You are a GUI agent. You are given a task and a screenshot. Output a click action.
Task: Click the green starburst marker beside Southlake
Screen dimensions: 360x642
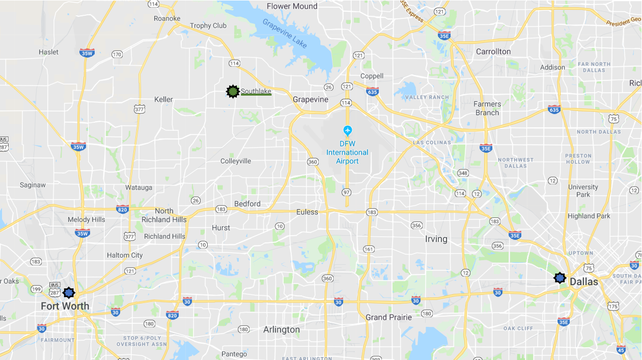pyautogui.click(x=233, y=92)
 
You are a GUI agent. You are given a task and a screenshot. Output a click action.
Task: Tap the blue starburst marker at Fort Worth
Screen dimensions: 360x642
pyautogui.click(x=69, y=292)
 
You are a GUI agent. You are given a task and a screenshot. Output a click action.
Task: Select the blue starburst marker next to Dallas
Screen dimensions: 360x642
pyautogui.click(x=560, y=278)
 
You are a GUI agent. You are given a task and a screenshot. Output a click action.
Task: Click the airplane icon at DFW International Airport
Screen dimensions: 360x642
pyautogui.click(x=348, y=130)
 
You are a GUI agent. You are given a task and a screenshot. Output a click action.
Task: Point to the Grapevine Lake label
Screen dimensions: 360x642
pyautogui.click(x=285, y=33)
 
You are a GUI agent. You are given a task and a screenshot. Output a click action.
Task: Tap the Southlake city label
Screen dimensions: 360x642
pyautogui.click(x=256, y=91)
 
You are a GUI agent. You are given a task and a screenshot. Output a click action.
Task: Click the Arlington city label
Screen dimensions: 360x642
pyautogui.click(x=281, y=329)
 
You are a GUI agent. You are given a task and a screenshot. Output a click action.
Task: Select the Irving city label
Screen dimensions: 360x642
pyautogui.click(x=436, y=239)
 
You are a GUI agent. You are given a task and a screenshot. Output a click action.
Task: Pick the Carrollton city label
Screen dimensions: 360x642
pyautogui.click(x=493, y=52)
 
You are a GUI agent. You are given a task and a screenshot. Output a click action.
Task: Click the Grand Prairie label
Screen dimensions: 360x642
pyautogui.click(x=389, y=317)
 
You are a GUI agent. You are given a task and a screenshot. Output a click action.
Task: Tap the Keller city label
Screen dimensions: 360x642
pyautogui.click(x=164, y=99)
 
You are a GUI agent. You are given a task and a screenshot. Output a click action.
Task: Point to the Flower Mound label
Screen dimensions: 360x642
pyautogui.click(x=292, y=6)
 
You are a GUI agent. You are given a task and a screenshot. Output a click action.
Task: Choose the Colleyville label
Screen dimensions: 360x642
pyautogui.click(x=236, y=161)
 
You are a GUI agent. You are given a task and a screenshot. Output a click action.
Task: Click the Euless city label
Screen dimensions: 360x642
pyautogui.click(x=307, y=212)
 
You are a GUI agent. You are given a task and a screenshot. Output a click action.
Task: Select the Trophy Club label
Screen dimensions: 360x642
pyautogui.click(x=208, y=26)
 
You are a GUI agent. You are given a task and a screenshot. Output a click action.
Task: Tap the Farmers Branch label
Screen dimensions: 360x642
pyautogui.click(x=487, y=108)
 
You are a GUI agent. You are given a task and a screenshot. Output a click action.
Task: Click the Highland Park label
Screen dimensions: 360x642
pyautogui.click(x=589, y=216)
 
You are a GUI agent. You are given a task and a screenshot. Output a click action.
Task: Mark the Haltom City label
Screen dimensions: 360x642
pyautogui.click(x=125, y=255)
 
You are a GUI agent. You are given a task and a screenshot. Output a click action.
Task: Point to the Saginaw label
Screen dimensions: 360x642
pyautogui.click(x=33, y=185)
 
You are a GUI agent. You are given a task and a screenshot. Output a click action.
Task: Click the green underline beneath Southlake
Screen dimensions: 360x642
pyautogui.click(x=256, y=95)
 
